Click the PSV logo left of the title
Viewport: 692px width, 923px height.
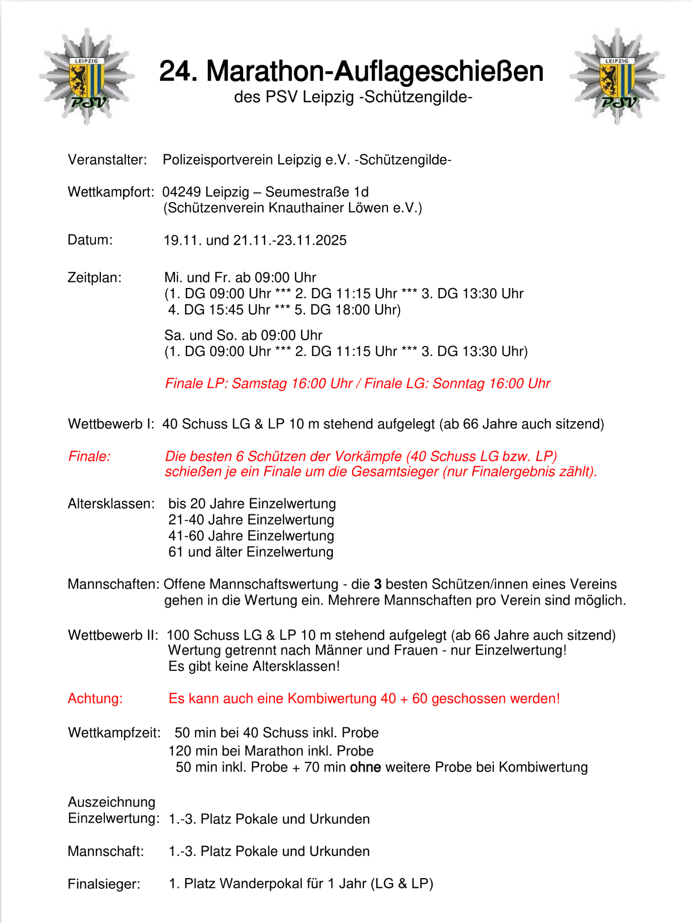(87, 77)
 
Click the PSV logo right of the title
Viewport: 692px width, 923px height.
(617, 77)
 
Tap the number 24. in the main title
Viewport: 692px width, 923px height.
(178, 71)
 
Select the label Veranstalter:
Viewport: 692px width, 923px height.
(107, 160)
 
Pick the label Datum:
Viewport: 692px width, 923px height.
(90, 240)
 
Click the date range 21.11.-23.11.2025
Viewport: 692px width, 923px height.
(290, 241)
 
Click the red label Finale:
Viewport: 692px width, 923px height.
(89, 456)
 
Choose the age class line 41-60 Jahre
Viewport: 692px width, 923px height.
(251, 536)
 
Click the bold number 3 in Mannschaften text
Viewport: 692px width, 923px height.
(378, 584)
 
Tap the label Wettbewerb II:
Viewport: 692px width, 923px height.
(113, 635)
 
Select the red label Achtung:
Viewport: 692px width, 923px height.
(95, 699)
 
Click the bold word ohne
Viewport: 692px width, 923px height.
(365, 768)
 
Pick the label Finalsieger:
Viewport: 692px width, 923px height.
(104, 884)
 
